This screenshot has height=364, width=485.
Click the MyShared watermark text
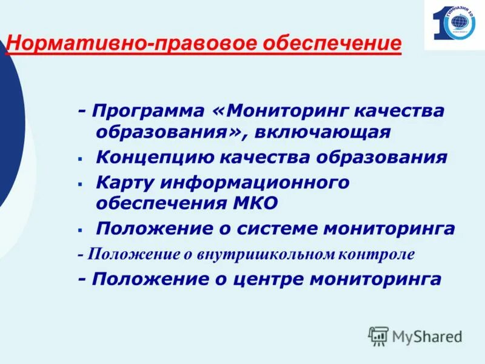tap(427, 335)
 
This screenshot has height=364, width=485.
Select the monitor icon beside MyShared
tap(378, 335)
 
